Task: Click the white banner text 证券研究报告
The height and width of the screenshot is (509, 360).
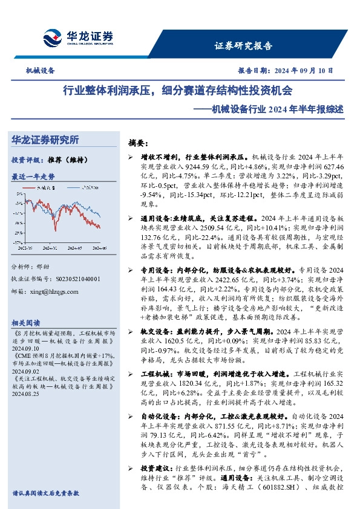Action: (243, 45)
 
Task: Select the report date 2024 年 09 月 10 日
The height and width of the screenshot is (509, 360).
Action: (303, 71)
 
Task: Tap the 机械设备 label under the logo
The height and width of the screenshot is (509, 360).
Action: (40, 71)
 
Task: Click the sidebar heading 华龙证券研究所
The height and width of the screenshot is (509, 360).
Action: (45, 140)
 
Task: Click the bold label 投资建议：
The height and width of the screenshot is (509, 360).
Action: (157, 485)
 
